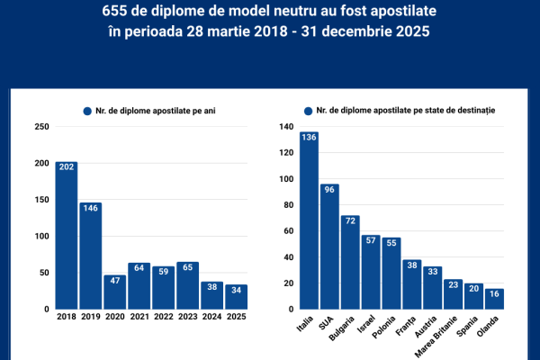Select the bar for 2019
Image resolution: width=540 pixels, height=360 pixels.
coord(90,256)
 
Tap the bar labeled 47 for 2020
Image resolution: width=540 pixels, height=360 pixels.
coord(114,292)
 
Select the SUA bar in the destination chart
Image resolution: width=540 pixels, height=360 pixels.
coord(329,247)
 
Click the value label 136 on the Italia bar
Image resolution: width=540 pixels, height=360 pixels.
coord(309,138)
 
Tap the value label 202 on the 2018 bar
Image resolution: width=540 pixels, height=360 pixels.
coord(66,166)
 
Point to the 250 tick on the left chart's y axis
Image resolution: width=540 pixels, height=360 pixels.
coord(41,126)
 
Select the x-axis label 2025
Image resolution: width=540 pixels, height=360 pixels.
coord(236,317)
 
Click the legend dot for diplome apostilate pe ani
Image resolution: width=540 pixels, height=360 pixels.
coord(87,111)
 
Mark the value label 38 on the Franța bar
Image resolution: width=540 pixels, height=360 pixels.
coord(412,265)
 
